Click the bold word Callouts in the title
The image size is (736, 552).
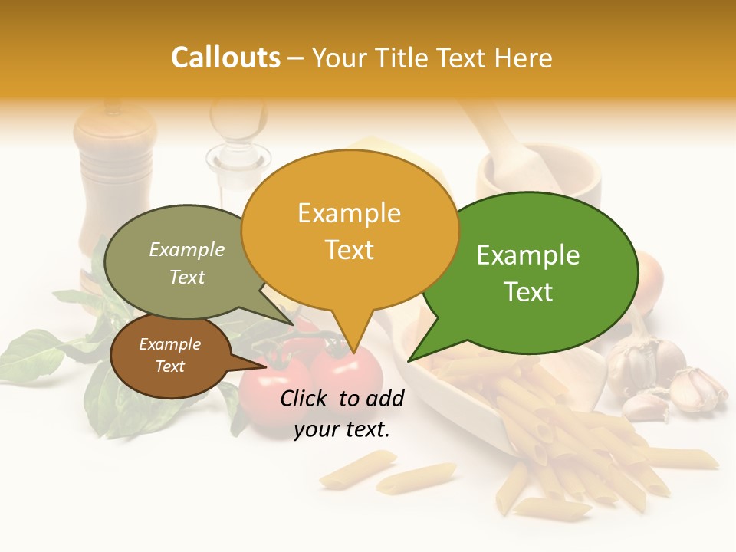[x=225, y=58]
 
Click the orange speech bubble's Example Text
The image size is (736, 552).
[x=349, y=231]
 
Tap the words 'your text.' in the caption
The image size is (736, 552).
[x=342, y=429]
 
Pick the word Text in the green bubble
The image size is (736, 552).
[x=529, y=292]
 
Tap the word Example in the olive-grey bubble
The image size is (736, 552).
[x=187, y=250]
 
